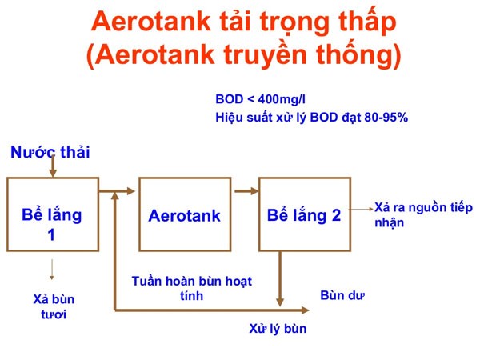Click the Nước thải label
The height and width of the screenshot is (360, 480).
tap(50, 151)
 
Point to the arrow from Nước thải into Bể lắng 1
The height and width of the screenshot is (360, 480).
tap(52, 167)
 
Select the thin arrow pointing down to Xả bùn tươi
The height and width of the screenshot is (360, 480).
tap(52, 269)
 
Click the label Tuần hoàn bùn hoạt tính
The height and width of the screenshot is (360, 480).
tap(191, 288)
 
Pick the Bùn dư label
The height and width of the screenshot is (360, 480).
tap(342, 295)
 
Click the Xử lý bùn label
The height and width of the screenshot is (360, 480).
tap(277, 328)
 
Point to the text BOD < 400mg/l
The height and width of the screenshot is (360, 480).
tap(258, 99)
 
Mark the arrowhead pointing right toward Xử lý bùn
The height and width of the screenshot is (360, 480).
tap(306, 309)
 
